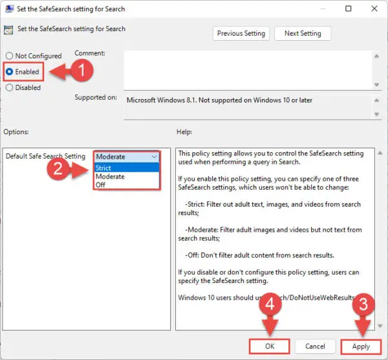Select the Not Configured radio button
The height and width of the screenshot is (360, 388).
click(10, 56)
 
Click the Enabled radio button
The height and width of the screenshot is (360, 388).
click(10, 71)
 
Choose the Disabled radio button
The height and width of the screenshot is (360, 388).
click(10, 87)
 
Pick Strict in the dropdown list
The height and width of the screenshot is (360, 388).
click(103, 168)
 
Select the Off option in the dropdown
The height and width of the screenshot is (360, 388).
click(101, 185)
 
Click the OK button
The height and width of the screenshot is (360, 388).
click(270, 346)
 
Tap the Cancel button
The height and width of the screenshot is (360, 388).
click(315, 346)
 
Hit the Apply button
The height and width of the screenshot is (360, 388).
click(361, 346)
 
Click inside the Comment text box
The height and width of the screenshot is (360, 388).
click(246, 70)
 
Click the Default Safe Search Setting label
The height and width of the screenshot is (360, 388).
click(45, 157)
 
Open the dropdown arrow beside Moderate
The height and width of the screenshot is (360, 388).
click(153, 157)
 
